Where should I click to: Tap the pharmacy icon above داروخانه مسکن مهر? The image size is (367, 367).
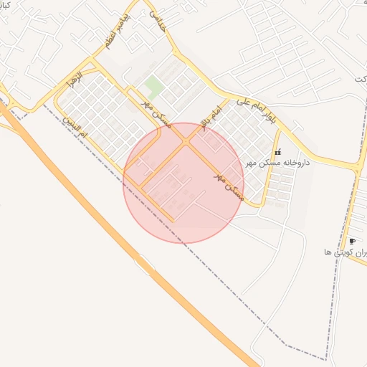277,152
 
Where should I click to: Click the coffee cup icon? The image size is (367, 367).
352,241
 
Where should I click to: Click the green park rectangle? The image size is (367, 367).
153,87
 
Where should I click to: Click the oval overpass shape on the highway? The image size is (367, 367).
144,265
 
